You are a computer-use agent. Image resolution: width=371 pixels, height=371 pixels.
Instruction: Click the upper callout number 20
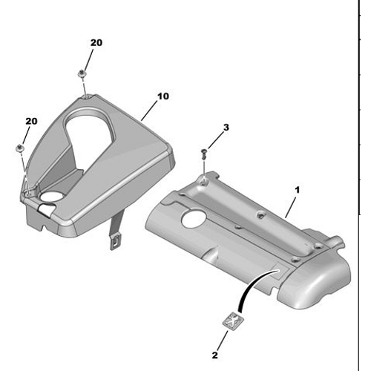pyautogui.click(x=96, y=43)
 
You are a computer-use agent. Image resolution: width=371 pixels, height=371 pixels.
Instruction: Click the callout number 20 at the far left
pyautogui.click(x=31, y=121)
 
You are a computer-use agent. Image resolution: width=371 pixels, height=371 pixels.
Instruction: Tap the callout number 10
pyautogui.click(x=163, y=96)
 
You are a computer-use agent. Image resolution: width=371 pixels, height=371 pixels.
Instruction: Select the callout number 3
pyautogui.click(x=226, y=128)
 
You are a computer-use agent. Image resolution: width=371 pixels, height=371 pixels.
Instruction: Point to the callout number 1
pyautogui.click(x=298, y=190)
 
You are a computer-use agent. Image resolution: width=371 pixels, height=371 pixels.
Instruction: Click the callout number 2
pyautogui.click(x=215, y=355)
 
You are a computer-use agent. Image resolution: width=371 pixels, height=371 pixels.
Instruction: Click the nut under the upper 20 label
pyautogui.click(x=82, y=73)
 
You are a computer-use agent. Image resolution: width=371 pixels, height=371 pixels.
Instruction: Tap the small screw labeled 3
pyautogui.click(x=204, y=154)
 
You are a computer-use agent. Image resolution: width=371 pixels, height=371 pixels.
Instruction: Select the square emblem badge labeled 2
pyautogui.click(x=233, y=321)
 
